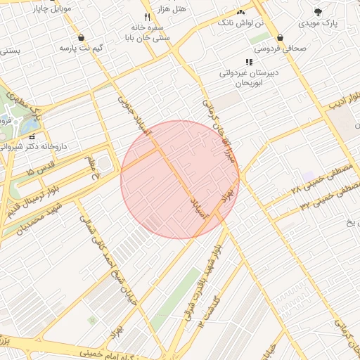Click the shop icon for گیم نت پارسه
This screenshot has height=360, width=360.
[x=82, y=37]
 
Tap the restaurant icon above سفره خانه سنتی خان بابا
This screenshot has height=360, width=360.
[x=147, y=16]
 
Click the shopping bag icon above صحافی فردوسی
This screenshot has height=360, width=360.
[x=281, y=38]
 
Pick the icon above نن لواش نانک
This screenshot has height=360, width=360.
[x=241, y=12]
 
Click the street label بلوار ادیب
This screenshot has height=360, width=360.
[x=343, y=99]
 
